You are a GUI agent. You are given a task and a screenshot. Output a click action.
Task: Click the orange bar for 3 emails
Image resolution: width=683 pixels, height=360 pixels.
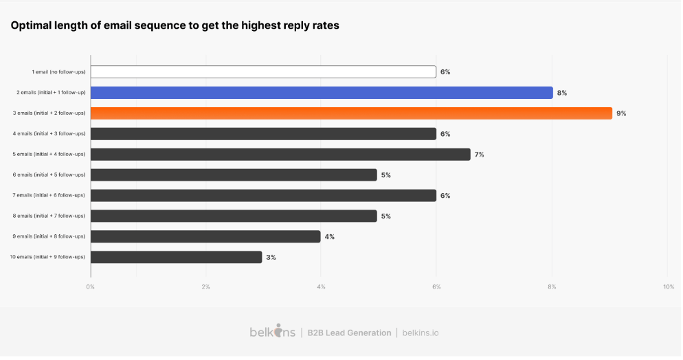[351, 113]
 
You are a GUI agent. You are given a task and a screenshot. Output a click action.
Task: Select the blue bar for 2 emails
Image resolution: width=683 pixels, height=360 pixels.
[322, 93]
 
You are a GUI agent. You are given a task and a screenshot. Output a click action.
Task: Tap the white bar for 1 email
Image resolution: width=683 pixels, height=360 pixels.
[263, 72]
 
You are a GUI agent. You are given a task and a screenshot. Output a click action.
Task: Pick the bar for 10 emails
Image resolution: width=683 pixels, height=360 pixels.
[176, 258]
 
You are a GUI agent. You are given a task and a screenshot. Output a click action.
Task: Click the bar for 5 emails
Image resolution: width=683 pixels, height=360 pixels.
[280, 155]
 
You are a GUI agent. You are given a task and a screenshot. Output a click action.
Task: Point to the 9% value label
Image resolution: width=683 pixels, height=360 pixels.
[621, 113]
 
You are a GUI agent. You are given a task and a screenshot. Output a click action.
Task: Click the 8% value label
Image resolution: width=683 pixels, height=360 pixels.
[562, 93]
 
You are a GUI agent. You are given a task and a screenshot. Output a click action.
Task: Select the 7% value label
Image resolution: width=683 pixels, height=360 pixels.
[479, 155]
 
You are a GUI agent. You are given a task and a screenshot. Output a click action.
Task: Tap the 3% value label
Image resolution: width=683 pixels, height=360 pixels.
[271, 258]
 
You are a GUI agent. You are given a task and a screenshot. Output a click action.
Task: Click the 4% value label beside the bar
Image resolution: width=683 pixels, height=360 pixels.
[329, 237]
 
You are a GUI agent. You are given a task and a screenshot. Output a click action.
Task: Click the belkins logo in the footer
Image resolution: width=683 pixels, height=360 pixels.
[272, 333]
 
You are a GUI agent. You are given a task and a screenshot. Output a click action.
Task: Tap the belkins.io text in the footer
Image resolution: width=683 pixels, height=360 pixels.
[420, 333]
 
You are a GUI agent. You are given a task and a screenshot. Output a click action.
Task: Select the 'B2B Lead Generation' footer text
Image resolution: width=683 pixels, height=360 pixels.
[349, 333]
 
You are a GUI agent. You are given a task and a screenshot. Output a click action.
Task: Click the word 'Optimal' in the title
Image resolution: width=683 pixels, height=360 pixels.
[32, 25]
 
